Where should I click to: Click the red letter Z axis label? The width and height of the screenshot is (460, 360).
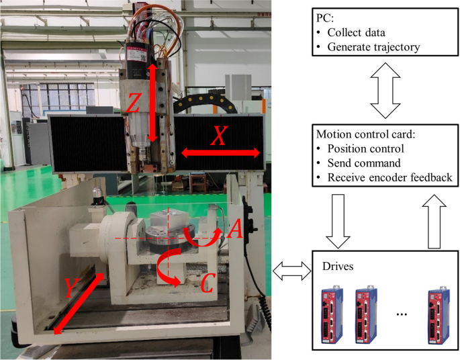point(134,103)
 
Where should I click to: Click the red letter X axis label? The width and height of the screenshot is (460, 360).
point(219,137)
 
